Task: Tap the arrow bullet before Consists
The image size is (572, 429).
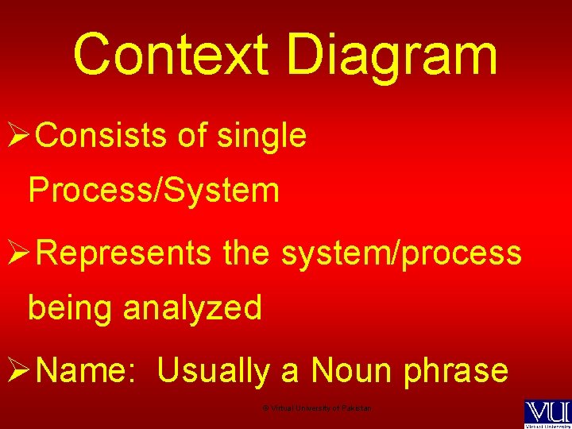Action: [x=17, y=137]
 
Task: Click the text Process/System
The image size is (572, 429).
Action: [x=153, y=191]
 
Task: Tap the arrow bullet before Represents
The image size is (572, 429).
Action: [x=17, y=253]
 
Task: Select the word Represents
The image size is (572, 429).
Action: [x=124, y=253]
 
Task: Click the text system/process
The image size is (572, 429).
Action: [x=401, y=253]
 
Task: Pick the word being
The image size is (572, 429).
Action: [x=71, y=308]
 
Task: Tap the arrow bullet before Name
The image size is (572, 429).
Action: [x=17, y=370]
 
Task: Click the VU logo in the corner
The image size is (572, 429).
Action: [x=547, y=414]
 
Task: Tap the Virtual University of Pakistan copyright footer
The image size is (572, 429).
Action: [x=317, y=408]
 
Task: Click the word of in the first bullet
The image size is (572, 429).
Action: [x=192, y=136]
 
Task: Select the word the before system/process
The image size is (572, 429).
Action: [x=247, y=253]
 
